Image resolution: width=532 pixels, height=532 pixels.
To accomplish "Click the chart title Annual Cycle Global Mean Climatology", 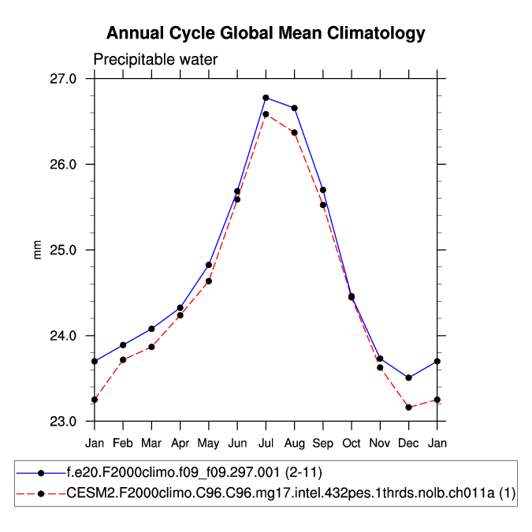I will point(266,33).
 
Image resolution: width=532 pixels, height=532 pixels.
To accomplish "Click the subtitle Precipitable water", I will point(155,60).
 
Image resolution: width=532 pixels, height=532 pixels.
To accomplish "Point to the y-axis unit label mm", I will point(36,250).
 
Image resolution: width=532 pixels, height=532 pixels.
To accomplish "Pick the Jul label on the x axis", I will point(266,443).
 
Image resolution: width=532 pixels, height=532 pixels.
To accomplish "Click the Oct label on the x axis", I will point(352,443).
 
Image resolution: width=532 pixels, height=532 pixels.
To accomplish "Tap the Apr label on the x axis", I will point(180,443).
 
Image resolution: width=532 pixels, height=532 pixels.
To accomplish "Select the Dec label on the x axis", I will point(408,443).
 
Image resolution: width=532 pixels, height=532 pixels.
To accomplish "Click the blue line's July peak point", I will point(266,98).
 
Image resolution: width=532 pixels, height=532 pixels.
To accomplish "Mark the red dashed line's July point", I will point(266,114).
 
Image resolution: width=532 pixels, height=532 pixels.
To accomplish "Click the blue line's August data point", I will point(295,108).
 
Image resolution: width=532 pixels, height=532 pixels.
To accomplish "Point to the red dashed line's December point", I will point(408,407).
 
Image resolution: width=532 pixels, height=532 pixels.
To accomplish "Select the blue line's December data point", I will point(408,378).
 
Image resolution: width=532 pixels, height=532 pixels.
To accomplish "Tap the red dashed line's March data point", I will point(151,347).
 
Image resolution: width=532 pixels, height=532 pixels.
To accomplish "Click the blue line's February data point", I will point(123,345).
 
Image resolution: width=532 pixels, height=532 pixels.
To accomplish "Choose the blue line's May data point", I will point(209,265).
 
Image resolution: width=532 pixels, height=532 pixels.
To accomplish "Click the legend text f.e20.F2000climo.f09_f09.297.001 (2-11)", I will point(194,472).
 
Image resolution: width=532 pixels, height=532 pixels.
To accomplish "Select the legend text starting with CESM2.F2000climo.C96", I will point(291,493).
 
